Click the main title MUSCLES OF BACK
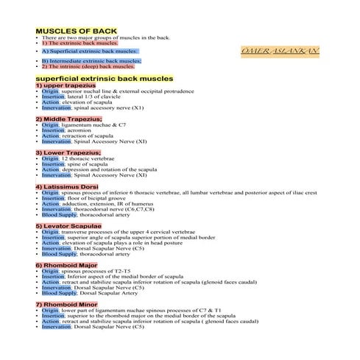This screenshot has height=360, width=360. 76,31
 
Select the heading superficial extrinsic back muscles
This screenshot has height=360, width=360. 104,77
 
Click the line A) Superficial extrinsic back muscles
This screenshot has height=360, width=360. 89,52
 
